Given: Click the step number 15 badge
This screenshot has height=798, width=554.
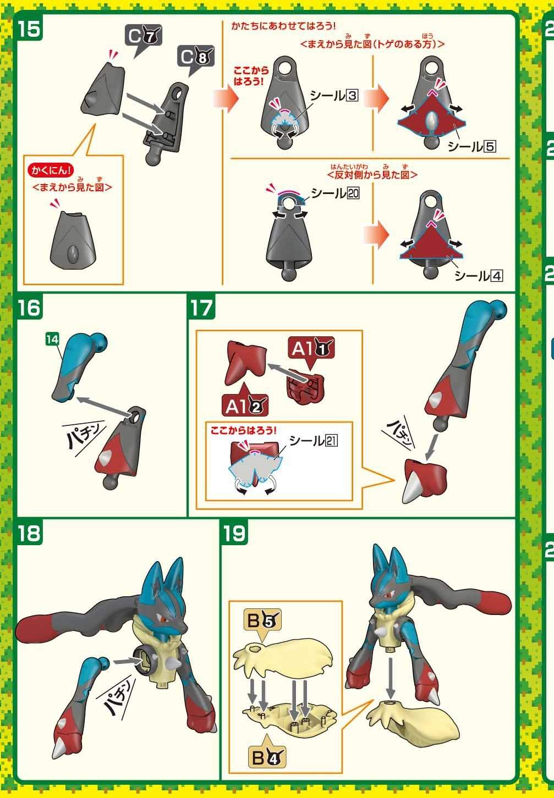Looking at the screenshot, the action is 30,29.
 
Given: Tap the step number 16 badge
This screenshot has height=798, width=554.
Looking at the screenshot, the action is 30,307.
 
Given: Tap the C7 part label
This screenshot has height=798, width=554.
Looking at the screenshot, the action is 144,37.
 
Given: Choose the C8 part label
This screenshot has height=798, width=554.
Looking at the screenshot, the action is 196,58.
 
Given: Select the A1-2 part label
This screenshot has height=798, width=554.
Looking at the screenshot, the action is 245,406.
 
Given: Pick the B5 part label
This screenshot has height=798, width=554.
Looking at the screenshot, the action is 262,620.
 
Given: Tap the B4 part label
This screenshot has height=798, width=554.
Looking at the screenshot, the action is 267,757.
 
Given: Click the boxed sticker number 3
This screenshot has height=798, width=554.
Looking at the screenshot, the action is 352,96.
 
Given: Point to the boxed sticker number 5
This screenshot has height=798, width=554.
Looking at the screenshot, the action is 490,146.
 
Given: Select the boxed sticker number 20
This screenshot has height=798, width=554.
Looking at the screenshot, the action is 354,193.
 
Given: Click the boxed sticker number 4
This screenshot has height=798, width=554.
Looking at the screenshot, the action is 496,276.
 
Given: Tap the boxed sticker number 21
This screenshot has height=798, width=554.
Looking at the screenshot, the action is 331,441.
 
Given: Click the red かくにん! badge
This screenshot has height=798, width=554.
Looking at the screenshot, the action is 51,171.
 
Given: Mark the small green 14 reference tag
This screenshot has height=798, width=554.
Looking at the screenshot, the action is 52,340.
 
